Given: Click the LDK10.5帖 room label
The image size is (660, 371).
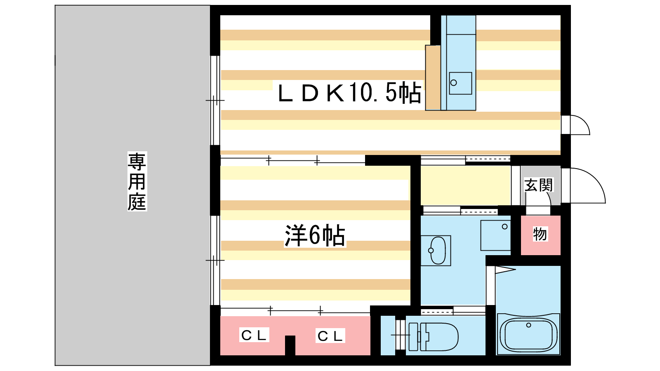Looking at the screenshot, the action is [349, 93].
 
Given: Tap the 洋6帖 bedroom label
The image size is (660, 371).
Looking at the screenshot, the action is [315, 235].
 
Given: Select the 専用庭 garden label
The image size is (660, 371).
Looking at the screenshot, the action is [137, 181].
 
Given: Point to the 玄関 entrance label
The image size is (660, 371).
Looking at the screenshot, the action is [538, 185].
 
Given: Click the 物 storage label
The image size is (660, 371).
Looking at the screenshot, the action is [540, 234].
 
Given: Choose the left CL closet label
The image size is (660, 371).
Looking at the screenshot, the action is [254, 335].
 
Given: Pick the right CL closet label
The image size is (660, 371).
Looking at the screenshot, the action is [330, 336].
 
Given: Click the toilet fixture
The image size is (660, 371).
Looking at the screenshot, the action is [434, 336].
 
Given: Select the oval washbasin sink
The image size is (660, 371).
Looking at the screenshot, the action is [438, 251].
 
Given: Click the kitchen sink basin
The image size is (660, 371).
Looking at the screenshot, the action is [460, 83].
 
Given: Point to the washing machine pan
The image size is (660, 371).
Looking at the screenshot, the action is [495, 235].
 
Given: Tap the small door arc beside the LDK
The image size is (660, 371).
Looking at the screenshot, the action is [585, 121].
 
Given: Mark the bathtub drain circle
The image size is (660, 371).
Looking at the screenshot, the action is [528, 325].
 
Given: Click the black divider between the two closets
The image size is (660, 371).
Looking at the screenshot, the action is [290, 345].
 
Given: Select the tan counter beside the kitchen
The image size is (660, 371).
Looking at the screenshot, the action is [433, 78].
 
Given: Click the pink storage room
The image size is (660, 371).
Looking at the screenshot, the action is [541, 235].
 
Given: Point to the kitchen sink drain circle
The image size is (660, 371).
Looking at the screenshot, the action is [454, 83].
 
